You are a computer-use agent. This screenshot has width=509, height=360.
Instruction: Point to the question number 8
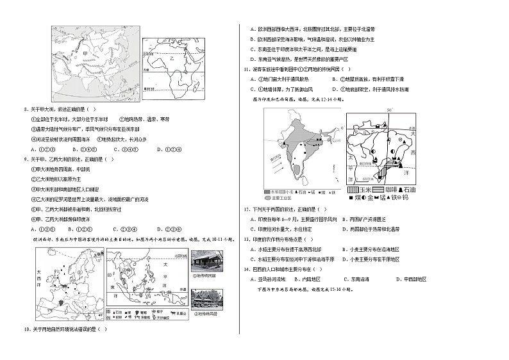24,110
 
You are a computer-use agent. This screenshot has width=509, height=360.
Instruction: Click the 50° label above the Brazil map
388,110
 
